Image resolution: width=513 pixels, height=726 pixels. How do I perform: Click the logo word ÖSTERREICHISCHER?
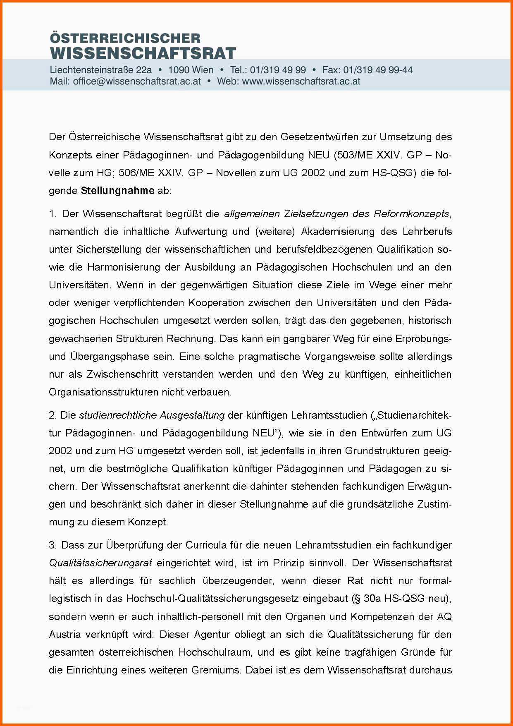point(125,38)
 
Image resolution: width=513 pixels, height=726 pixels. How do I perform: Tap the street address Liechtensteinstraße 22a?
point(101,70)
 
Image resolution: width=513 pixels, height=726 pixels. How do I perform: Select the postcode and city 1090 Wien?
point(191,70)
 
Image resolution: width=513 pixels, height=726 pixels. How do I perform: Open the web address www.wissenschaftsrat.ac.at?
point(301,81)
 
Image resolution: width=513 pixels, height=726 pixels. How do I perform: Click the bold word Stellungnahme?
point(118,191)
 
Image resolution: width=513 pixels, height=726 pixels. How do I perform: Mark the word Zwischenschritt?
point(122,374)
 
